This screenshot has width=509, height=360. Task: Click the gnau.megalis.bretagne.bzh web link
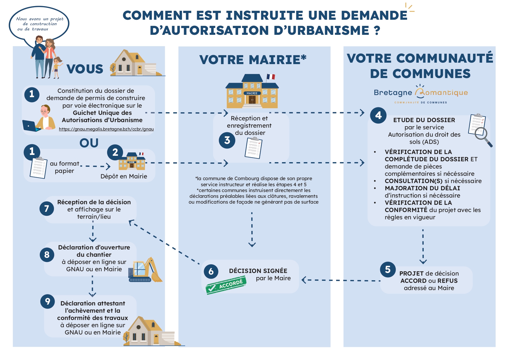tap(106, 129)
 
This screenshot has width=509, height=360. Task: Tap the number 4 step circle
tap(378, 115)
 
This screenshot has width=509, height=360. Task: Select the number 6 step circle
tap(211, 271)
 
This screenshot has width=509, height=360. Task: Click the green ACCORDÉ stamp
tap(226, 285)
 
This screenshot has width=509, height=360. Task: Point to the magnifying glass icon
tap(483, 137)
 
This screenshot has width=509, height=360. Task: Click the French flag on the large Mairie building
tap(270, 77)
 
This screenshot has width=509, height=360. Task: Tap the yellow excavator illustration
tap(145, 270)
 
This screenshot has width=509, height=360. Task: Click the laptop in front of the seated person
tap(31, 126)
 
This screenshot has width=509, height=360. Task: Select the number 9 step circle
tap(48, 302)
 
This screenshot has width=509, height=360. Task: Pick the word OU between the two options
tap(89, 143)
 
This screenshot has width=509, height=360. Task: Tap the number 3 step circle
tap(227, 140)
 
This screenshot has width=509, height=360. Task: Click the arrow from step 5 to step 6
tap(341, 280)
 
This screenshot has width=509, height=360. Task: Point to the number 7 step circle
tap(47, 209)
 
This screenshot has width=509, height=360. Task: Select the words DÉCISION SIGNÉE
tap(258, 271)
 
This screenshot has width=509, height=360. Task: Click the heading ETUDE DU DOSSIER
tap(424, 120)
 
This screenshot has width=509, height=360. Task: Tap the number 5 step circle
tap(388, 269)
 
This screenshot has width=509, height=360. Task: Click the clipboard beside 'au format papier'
tap(38, 168)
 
